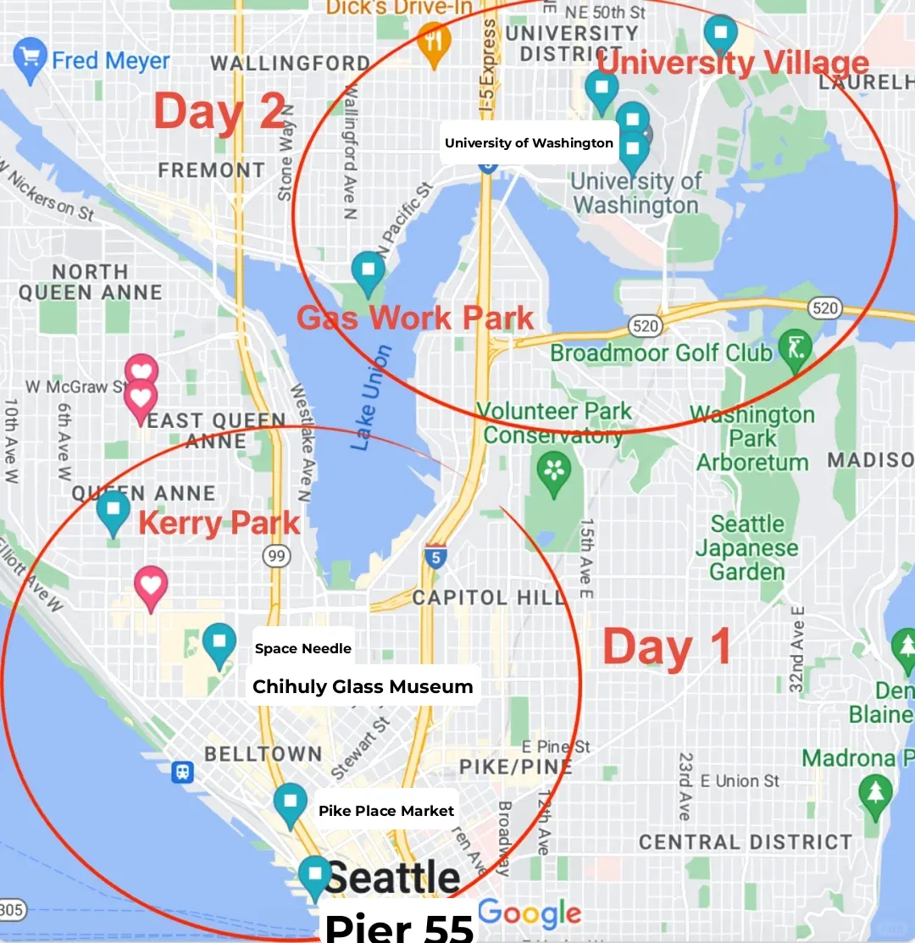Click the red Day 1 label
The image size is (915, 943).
coord(668,648)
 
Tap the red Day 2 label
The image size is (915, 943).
coord(219,113)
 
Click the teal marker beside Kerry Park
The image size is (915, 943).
coord(113,511)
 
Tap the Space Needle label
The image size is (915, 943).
coord(302,649)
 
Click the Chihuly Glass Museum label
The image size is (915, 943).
coord(363,686)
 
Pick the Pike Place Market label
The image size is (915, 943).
coord(386,811)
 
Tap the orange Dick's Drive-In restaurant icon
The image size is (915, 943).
coord(434,42)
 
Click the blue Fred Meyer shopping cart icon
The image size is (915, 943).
coord(30,59)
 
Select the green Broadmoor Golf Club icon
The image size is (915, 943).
coord(795,349)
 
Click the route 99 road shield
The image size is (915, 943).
coord(277,556)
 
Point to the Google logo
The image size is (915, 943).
coord(530,913)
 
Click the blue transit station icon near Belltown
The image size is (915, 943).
coord(181,772)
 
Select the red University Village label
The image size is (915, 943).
coord(733,64)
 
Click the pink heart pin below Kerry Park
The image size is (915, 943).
coord(151,586)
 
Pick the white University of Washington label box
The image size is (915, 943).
coord(529,142)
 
